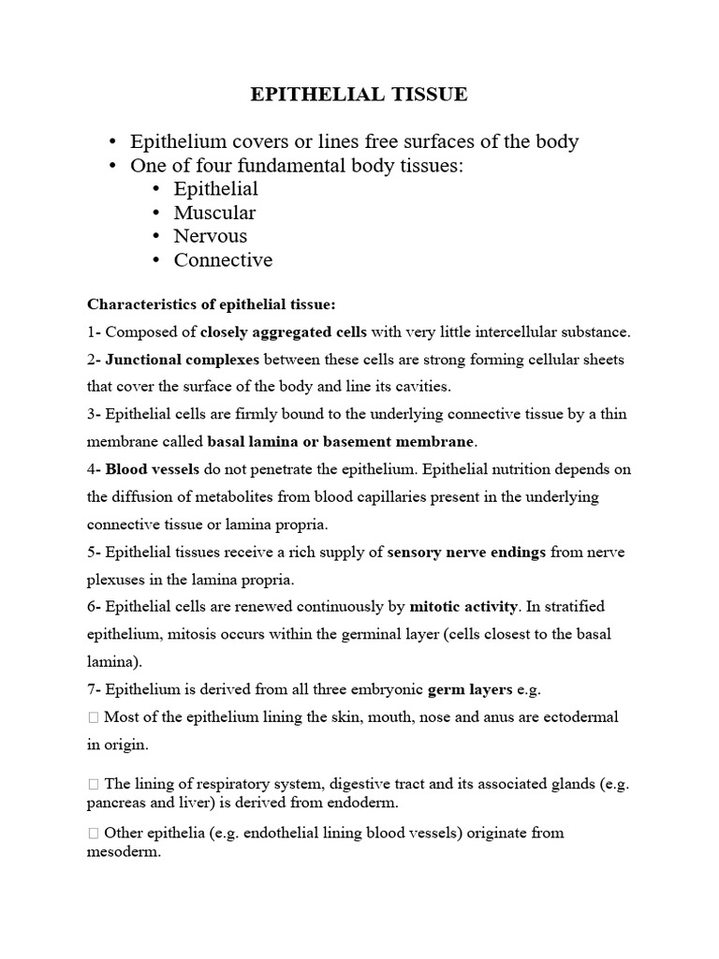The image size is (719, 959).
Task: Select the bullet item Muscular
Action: click(214, 213)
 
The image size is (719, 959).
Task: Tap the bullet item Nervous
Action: click(211, 236)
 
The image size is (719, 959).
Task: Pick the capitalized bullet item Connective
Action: click(223, 259)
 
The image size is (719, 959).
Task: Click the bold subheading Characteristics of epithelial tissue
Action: click(211, 304)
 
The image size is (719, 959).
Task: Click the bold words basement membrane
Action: click(412, 441)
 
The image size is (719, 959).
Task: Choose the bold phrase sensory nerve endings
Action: click(466, 553)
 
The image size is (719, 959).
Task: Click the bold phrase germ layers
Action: click(470, 690)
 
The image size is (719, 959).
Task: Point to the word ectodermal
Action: click(580, 717)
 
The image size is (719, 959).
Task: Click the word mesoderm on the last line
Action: click(124, 853)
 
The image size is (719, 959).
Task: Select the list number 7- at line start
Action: click(95, 690)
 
